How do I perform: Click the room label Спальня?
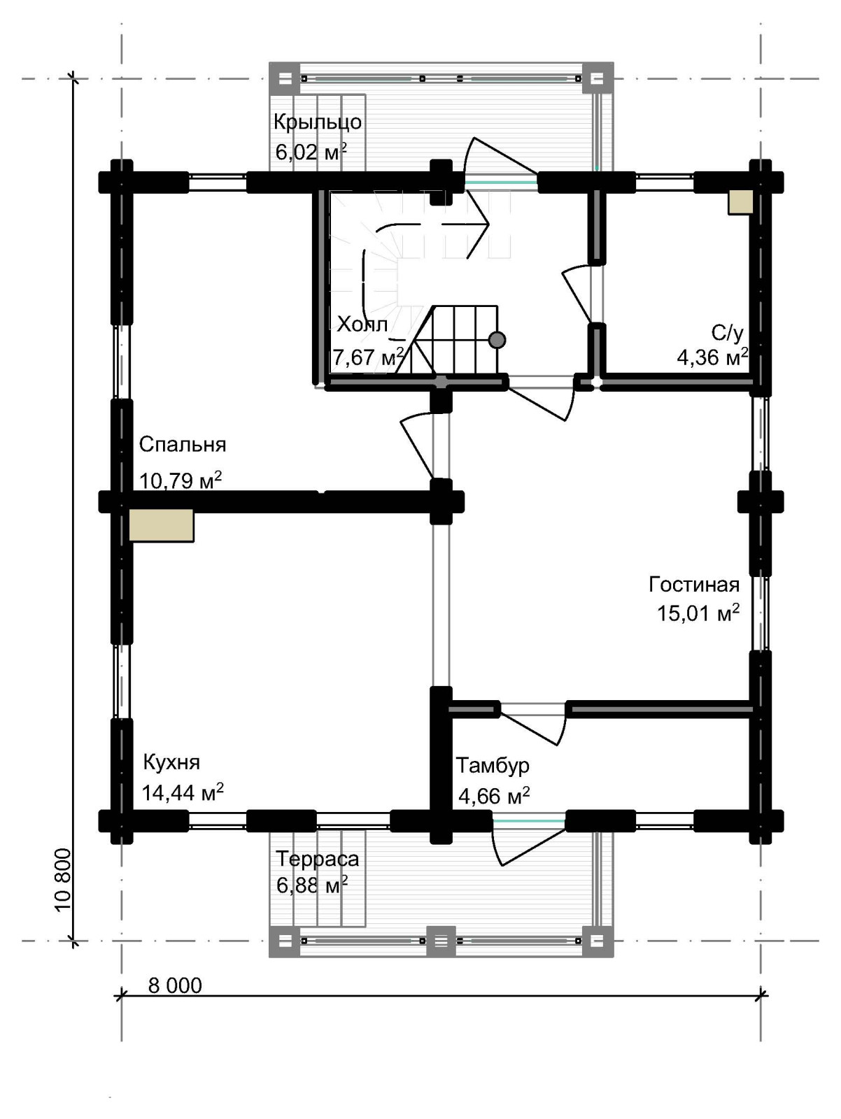(x=183, y=445)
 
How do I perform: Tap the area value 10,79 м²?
(x=181, y=479)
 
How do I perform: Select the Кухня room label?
(x=171, y=762)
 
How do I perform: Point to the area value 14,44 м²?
(x=183, y=792)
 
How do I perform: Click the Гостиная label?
(x=694, y=584)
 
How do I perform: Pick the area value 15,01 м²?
(x=698, y=613)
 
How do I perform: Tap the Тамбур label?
(x=492, y=765)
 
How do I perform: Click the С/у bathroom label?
(x=728, y=333)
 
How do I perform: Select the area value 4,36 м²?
(x=712, y=357)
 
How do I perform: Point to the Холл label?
(x=362, y=325)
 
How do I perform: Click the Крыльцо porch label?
(x=318, y=122)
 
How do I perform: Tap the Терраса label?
(x=317, y=859)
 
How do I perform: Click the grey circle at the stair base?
(x=497, y=339)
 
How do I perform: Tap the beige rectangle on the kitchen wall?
(x=161, y=525)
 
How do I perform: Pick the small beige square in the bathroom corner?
(x=740, y=202)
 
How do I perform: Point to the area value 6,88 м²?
(x=312, y=885)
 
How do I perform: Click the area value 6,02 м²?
(x=311, y=152)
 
